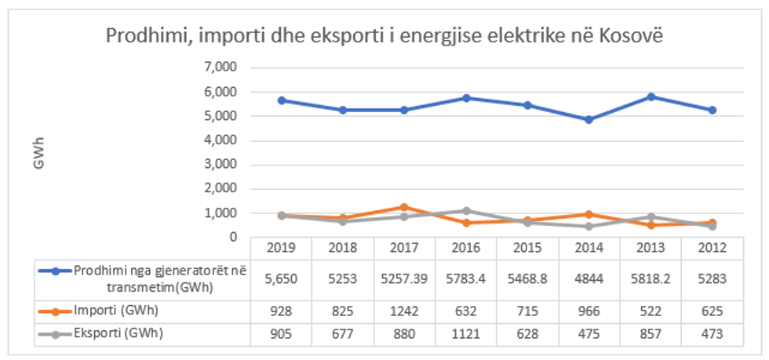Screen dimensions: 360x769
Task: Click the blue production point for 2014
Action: point(589,119)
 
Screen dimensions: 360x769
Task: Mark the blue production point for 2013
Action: point(650,96)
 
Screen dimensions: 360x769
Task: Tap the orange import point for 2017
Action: point(403,207)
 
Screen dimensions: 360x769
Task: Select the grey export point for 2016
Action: point(465,210)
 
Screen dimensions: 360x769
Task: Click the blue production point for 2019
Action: point(280,100)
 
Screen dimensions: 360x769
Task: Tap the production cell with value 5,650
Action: point(280,278)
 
